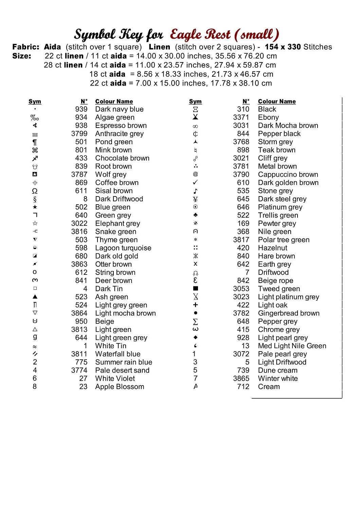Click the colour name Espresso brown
point(121,126)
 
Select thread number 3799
point(79,134)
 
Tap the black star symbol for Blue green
point(35,207)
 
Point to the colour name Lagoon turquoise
point(123,248)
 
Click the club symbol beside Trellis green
point(195,215)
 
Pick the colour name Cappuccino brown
point(288,174)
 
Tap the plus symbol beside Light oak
point(195,305)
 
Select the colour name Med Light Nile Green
point(292,346)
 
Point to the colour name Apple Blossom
point(120,387)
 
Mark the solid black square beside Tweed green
point(195,288)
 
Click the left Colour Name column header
point(114,101)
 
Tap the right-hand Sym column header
point(195,101)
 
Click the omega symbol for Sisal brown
point(35,191)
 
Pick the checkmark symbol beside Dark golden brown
point(195,183)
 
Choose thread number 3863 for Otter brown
point(79,264)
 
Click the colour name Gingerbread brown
point(289,313)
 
